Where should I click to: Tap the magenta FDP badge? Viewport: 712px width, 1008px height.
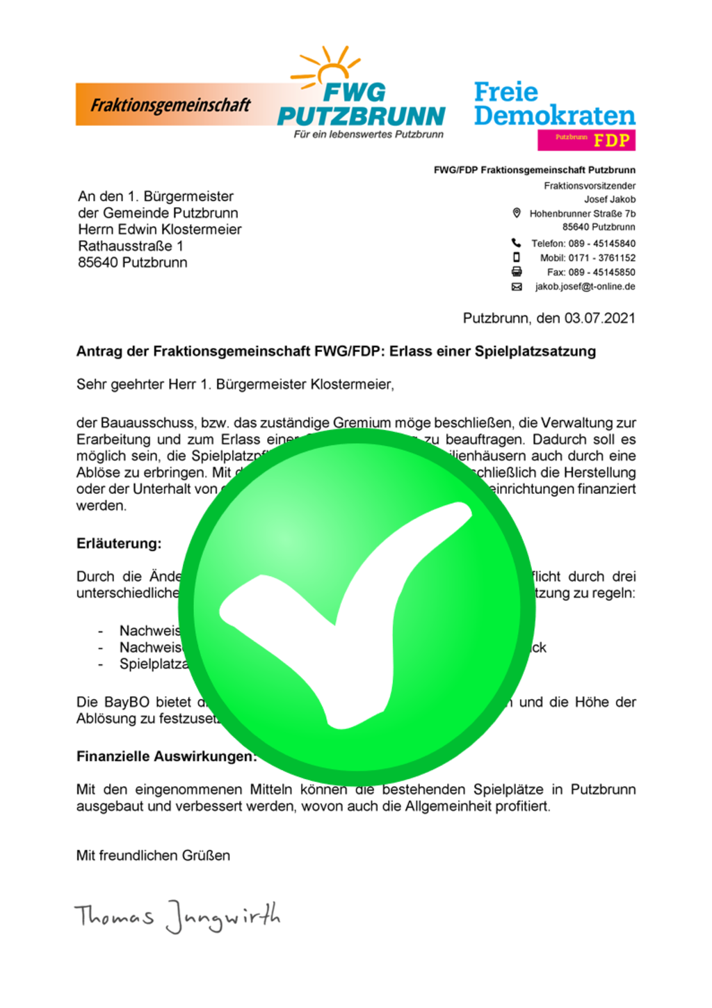[586, 140]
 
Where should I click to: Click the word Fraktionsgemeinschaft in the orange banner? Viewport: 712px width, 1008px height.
[170, 105]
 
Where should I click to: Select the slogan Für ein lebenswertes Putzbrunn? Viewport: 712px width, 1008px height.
[368, 134]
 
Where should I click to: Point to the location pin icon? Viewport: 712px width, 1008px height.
[517, 213]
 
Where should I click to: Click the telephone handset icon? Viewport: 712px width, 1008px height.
[516, 243]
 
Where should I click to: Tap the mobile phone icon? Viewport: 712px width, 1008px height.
[516, 257]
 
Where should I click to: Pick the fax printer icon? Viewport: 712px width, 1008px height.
[517, 272]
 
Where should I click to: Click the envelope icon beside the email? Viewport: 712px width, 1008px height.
[517, 287]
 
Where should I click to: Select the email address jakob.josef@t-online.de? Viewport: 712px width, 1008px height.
[585, 287]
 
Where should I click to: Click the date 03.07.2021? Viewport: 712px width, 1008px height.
[599, 318]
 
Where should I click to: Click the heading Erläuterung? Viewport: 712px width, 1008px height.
[119, 543]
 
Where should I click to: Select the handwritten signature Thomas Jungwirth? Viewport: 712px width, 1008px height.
[177, 916]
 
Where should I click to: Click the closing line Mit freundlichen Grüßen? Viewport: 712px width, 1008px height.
[153, 856]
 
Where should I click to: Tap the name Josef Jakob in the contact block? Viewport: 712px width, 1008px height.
[609, 199]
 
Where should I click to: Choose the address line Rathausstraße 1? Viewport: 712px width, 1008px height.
[131, 246]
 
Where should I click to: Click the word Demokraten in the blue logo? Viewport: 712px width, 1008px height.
[554, 115]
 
